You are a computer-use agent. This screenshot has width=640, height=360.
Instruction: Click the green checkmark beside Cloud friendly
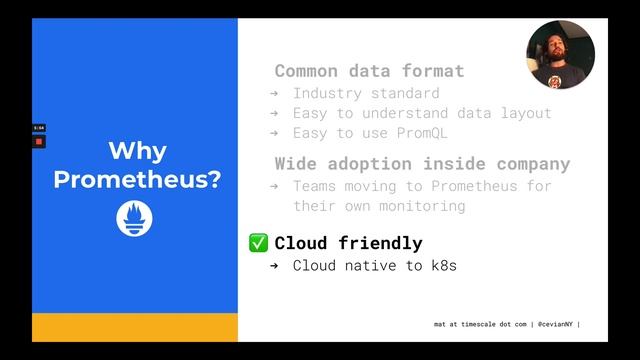(x=258, y=243)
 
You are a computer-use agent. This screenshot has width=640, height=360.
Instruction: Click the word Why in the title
(x=137, y=152)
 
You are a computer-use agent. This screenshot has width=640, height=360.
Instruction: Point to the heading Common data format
(x=369, y=71)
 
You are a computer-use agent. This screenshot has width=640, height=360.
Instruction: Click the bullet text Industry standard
(x=352, y=93)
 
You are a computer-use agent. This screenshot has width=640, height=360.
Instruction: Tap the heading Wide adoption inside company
(x=422, y=163)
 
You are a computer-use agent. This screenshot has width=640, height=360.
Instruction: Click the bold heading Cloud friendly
(x=348, y=243)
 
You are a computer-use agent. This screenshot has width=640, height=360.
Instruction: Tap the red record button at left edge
(x=38, y=141)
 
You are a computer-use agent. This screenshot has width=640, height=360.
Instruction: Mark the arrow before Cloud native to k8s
(x=274, y=266)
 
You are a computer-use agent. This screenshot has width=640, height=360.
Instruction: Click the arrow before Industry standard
(x=274, y=93)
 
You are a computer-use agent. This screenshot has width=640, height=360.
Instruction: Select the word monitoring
(x=418, y=206)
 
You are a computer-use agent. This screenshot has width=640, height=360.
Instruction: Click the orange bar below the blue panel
(x=135, y=327)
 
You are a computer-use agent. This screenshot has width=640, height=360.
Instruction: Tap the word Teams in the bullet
(x=314, y=186)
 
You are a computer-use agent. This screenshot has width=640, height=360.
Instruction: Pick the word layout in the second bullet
(x=524, y=113)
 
